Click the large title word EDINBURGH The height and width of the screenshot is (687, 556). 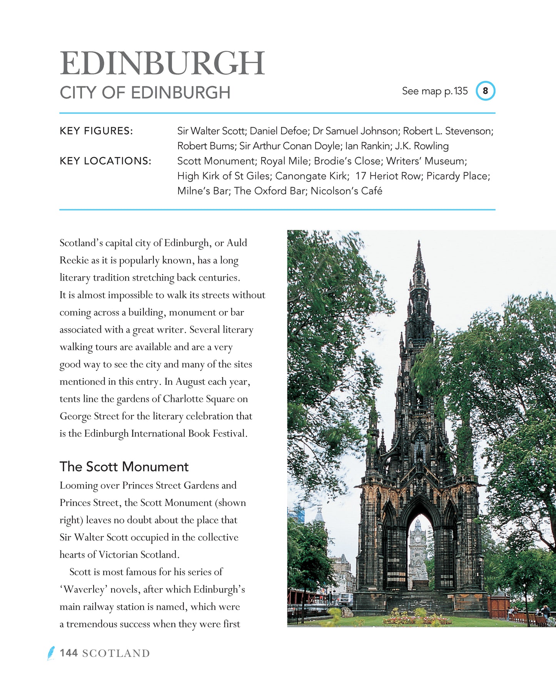[x=162, y=63]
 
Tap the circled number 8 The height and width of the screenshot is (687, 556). [x=485, y=91]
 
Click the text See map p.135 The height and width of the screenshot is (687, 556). [x=434, y=91]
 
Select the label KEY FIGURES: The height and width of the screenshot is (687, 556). [x=96, y=131]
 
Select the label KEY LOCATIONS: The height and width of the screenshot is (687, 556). [x=105, y=161]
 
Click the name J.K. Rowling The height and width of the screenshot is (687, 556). [x=422, y=146]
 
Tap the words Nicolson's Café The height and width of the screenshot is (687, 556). [x=346, y=191]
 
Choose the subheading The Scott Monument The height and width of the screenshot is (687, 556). [x=124, y=466]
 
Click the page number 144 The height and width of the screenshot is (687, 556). [x=69, y=653]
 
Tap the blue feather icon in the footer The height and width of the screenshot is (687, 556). [x=51, y=653]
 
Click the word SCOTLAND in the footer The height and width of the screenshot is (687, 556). [x=116, y=653]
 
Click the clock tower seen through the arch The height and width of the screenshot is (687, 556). [x=418, y=539]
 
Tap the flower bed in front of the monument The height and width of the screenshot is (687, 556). [x=417, y=619]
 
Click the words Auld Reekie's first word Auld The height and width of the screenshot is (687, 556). [x=237, y=243]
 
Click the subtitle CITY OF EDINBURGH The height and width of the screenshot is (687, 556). [x=145, y=93]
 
